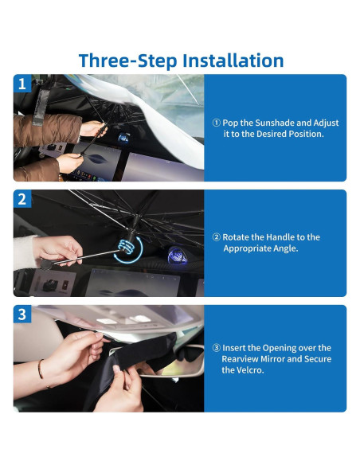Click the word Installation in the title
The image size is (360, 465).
pyautogui.click(x=233, y=61)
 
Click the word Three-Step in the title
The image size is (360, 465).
pyautogui.click(x=128, y=61)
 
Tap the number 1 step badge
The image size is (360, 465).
pyautogui.click(x=22, y=84)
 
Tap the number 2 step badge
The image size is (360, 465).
pyautogui.click(x=22, y=199)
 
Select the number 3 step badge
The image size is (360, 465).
pyautogui.click(x=22, y=314)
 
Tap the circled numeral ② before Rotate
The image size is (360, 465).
pyautogui.click(x=217, y=237)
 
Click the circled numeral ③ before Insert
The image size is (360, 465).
pyautogui.click(x=217, y=348)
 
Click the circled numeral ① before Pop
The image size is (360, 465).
pyautogui.click(x=217, y=123)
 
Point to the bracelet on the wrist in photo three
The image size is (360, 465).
pyautogui.click(x=40, y=369)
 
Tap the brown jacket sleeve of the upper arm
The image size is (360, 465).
pyautogui.click(x=47, y=131)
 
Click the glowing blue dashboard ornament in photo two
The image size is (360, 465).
pyautogui.click(x=177, y=256)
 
